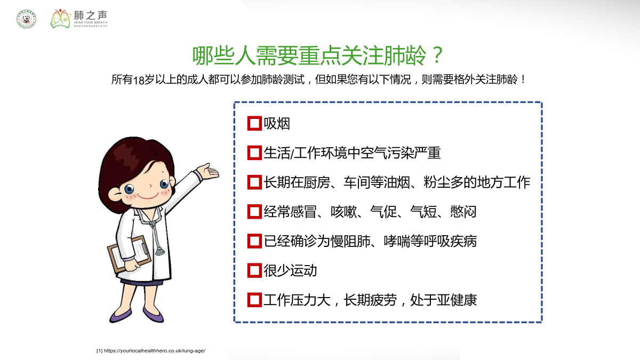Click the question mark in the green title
tap(437, 55)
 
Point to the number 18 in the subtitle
tap(139, 80)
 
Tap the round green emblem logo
tap(26, 19)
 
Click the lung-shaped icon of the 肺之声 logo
tap(60, 19)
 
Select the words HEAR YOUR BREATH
tap(91, 22)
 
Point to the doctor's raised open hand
tap(208, 171)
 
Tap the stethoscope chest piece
tap(159, 251)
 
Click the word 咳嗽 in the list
tap(344, 212)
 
